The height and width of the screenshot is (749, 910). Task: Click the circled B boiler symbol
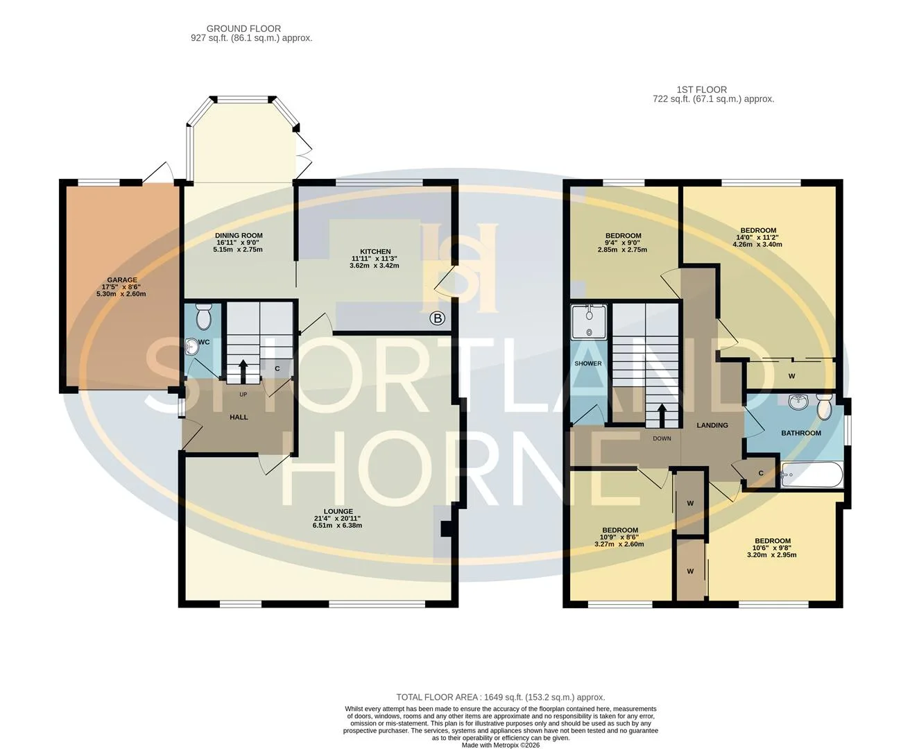pos(437,319)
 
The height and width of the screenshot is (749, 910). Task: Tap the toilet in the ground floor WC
pos(203,316)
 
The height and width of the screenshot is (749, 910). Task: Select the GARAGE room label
pos(122,280)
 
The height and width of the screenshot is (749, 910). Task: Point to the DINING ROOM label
pos(239,236)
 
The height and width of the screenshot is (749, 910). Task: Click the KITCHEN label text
pos(375,252)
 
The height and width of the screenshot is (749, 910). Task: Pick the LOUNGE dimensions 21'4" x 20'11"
pos(337,518)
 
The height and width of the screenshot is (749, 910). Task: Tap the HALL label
pos(239,417)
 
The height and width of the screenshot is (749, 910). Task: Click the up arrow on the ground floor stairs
pos(243,372)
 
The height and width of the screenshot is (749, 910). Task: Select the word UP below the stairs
pos(243,395)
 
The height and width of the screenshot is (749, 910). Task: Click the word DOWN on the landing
pos(662,438)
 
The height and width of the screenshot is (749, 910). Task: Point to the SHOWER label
pos(587,363)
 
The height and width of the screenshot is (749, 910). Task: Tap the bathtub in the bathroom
pos(812,474)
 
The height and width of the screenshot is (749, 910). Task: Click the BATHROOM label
pos(801,433)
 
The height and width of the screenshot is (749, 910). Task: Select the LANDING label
pos(712,425)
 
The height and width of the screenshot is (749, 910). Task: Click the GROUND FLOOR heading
pos(243,28)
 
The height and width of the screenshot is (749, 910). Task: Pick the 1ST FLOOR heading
pos(702,89)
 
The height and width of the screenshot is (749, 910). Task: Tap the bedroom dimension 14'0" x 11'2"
pos(757,237)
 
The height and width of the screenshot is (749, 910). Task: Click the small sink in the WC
pos(191,347)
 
